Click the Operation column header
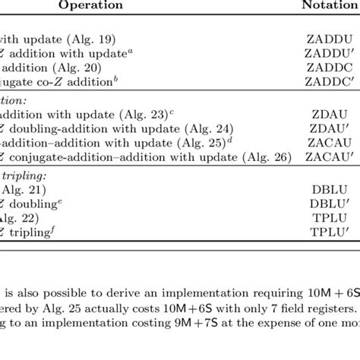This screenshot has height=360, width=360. pyautogui.click(x=84, y=5)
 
